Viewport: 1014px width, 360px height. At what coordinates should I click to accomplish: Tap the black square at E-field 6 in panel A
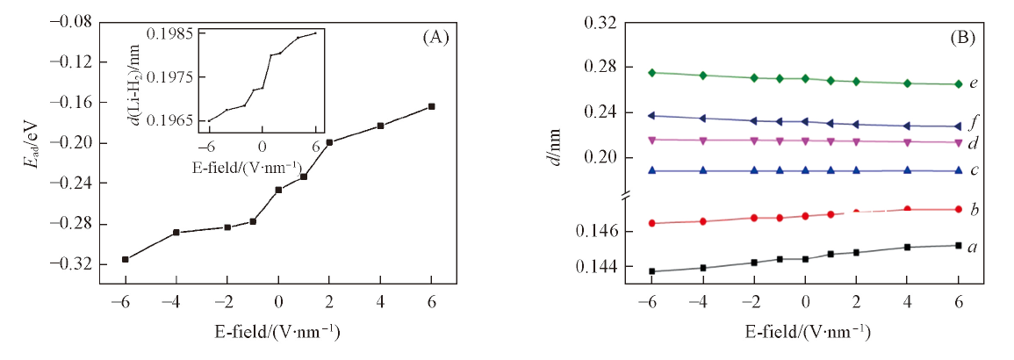[x=431, y=106]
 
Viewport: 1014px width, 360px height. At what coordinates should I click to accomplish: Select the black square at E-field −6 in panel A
[x=126, y=259]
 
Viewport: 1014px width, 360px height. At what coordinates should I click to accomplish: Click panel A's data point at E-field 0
[x=278, y=190]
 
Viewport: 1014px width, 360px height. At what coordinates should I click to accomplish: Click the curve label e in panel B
[x=974, y=84]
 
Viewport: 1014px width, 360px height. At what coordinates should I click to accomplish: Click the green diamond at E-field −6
[x=651, y=73]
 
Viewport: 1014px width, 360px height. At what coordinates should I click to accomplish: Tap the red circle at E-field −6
[x=651, y=223]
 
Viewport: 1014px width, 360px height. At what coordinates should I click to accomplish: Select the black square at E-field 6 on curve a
[x=958, y=245]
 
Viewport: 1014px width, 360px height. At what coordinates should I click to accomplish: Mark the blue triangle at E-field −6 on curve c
[x=651, y=170]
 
